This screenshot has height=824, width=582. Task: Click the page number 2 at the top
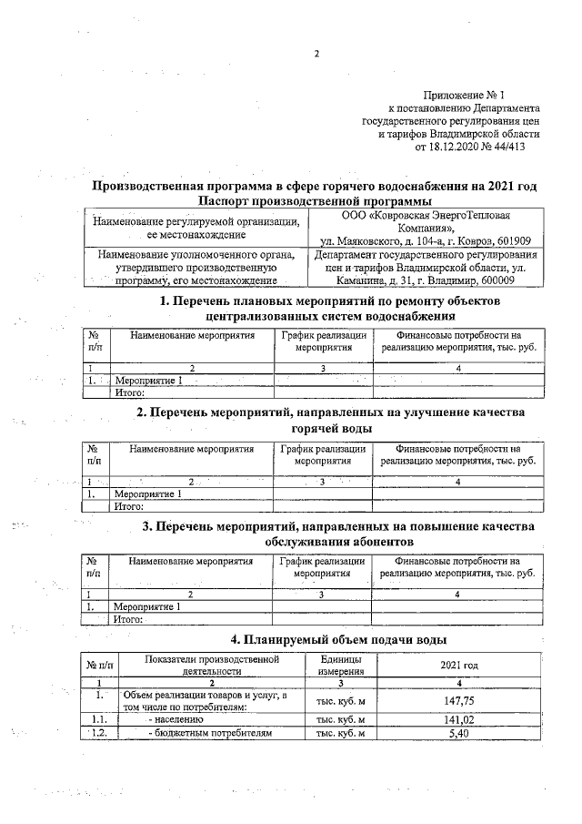pos(316,53)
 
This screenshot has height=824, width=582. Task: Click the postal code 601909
pos(512,241)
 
